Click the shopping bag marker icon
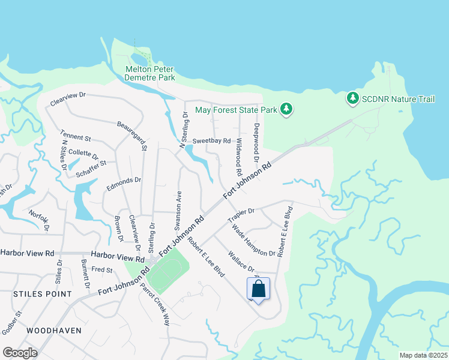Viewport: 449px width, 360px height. coord(258,289)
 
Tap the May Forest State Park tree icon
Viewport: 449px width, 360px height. coord(287,109)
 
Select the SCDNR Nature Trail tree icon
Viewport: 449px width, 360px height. coord(352,97)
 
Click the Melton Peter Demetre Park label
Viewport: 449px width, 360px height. coord(149,73)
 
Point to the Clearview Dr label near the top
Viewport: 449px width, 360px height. coord(68,99)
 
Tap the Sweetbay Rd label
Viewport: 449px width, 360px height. coord(212,141)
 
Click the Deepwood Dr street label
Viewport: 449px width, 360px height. coord(256,138)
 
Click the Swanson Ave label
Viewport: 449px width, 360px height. coord(178,209)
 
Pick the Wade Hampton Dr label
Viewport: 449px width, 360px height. coord(253,240)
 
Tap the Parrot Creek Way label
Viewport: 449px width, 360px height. coord(155,302)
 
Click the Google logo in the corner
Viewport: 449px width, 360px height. coord(20,353)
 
